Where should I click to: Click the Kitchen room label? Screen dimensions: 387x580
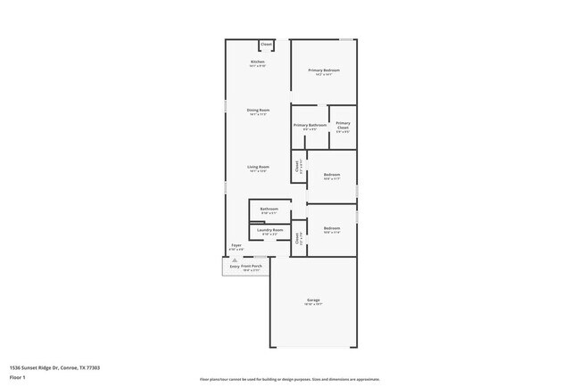pos(257,62)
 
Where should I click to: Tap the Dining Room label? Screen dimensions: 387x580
pos(258,110)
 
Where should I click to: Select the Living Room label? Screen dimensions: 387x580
pos(257,167)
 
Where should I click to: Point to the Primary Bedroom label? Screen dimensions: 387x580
pos(324,70)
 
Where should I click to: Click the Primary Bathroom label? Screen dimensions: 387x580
pos(310,125)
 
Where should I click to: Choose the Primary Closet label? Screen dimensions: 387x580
pos(343,125)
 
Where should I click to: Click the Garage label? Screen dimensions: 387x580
pos(313,300)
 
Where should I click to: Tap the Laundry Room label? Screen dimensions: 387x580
pos(269,230)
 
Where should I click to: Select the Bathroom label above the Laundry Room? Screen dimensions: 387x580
pos(269,209)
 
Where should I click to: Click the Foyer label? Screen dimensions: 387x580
pos(236,245)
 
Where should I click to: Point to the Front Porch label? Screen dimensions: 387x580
pos(252,266)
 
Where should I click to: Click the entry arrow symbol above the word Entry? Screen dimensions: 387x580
pos(235,259)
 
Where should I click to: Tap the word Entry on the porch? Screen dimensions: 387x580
pos(235,266)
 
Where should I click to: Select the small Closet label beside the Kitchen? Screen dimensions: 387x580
pos(266,44)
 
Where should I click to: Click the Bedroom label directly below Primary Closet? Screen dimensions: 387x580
pos(331,175)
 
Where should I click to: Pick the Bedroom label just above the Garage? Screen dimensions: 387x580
pos(331,228)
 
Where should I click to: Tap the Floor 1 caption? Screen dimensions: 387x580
pos(17,378)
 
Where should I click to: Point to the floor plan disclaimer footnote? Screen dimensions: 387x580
pos(289,379)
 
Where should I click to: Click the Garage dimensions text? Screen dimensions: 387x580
pos(313,304)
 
